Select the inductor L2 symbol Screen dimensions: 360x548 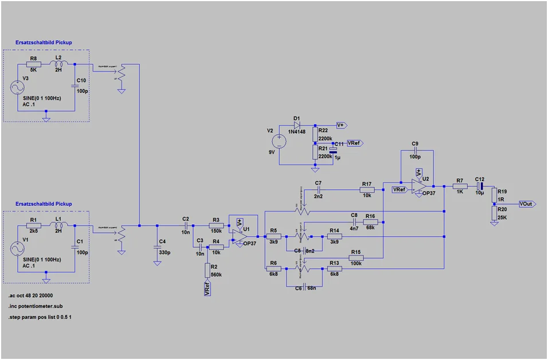click(58, 64)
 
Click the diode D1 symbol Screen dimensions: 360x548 click(297, 124)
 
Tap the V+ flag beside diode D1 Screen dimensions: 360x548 click(340, 124)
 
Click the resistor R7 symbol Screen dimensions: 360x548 click(460, 186)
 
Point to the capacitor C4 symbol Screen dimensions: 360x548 click(157, 247)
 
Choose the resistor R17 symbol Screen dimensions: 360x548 click(367, 189)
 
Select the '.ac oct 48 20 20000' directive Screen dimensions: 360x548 click(34, 296)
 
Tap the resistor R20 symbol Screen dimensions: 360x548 click(494, 213)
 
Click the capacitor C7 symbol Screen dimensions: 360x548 click(318, 189)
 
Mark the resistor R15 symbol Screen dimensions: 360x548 click(355, 258)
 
